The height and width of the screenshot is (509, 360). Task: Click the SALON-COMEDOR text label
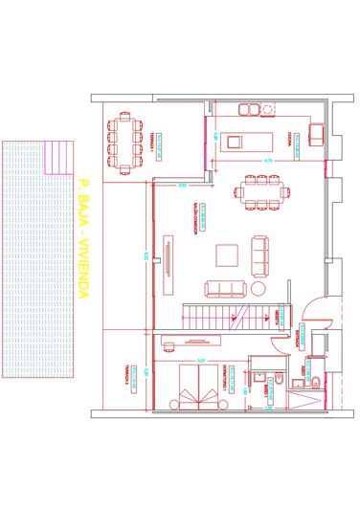pos(195,218)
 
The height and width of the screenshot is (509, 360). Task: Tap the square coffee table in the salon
pos(227,254)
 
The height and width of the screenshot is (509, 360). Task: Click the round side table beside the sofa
pos(258,287)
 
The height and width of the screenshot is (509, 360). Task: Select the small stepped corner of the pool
pos(58,157)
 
